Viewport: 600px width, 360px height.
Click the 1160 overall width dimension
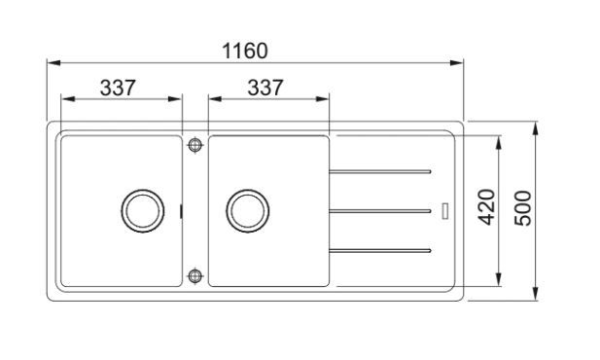[245, 51]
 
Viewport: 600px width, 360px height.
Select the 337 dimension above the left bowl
[118, 88]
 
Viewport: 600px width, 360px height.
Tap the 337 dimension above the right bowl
[265, 88]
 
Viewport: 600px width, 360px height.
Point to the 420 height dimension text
[487, 207]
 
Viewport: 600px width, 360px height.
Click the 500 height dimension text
[523, 208]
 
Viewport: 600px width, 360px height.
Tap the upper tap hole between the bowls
[195, 145]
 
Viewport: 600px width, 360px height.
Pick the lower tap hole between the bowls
[195, 275]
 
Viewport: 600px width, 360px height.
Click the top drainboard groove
[380, 171]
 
